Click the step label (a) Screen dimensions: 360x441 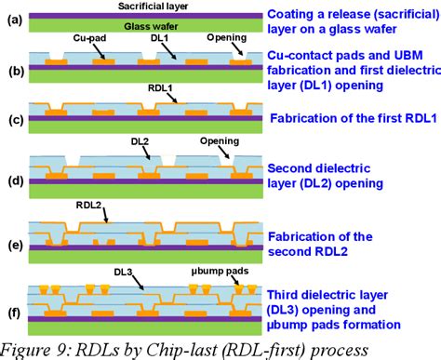tap(15, 15)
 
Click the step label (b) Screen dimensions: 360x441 tap(15, 70)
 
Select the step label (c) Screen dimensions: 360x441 tap(15, 118)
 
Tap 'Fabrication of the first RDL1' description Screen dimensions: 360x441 tap(350, 119)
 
